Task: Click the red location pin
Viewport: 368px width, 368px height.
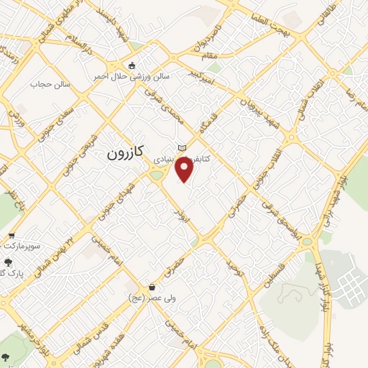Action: coord(185,169)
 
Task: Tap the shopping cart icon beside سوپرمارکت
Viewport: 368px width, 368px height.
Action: coord(11,236)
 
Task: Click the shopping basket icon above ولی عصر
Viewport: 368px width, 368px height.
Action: coord(152,287)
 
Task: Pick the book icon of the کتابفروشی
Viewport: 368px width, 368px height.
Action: coord(182,147)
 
